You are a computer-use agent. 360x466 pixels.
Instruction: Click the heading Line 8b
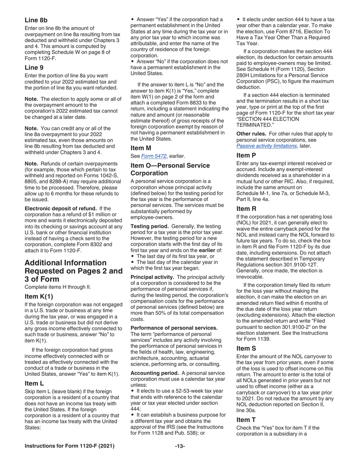[x=36, y=20]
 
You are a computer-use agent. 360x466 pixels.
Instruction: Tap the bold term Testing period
[x=147, y=226]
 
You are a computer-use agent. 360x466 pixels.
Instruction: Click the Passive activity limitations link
[x=266, y=146]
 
